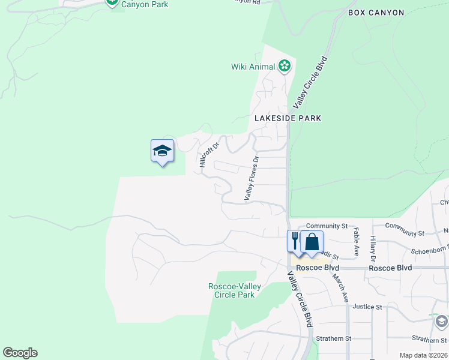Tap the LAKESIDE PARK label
(x=288, y=118)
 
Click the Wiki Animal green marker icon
(x=285, y=67)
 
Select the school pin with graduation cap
(x=162, y=151)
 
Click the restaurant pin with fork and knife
(x=295, y=241)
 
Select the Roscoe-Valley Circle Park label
(x=234, y=290)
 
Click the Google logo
(x=20, y=353)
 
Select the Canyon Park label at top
(x=145, y=4)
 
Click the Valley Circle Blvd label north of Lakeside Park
(x=310, y=82)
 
